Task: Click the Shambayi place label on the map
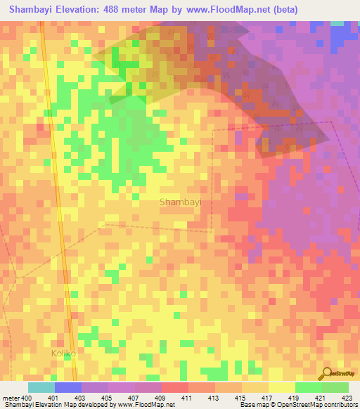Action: pos(181,202)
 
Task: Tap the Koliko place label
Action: pos(63,353)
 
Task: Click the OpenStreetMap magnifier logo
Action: pos(326,372)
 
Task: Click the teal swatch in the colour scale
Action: pos(41,387)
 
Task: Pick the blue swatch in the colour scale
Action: pos(68,387)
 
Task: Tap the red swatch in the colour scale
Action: pos(175,387)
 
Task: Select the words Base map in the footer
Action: pos(252,405)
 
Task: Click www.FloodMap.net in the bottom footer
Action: pos(147,405)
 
